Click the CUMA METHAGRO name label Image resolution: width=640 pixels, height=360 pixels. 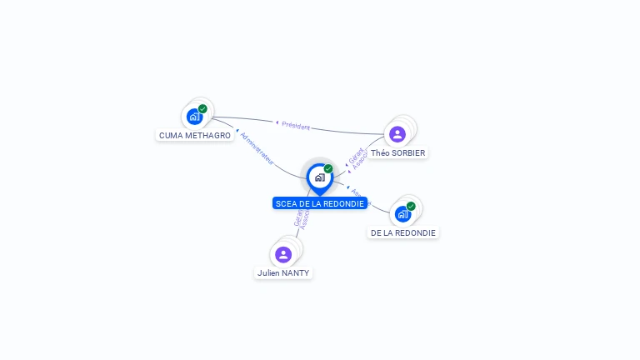(x=195, y=135)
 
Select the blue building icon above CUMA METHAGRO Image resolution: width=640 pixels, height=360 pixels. (x=194, y=117)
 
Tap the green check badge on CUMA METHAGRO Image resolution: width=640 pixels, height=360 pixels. (x=202, y=108)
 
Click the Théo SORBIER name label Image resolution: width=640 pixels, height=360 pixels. (x=397, y=153)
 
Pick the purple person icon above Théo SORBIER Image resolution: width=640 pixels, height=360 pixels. (x=397, y=134)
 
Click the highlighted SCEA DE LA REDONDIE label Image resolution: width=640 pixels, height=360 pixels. (x=320, y=203)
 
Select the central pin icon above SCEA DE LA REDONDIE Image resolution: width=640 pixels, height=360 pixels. (x=319, y=177)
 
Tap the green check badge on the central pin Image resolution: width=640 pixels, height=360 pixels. (x=328, y=168)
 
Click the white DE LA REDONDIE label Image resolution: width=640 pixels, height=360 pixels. (x=403, y=233)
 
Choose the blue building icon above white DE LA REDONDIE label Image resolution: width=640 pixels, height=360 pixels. (x=402, y=214)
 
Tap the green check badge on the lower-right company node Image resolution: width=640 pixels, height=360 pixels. (x=411, y=206)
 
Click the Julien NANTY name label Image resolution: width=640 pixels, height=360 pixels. (x=283, y=272)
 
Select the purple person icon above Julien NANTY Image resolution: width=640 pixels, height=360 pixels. (x=283, y=254)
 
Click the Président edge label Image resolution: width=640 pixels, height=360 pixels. (x=296, y=126)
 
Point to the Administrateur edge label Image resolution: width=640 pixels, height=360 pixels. (x=257, y=147)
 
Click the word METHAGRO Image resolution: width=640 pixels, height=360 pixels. (x=207, y=135)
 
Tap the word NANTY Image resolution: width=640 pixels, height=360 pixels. (x=296, y=272)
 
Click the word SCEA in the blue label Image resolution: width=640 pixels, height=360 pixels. (x=286, y=203)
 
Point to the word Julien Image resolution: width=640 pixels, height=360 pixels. (x=268, y=272)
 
